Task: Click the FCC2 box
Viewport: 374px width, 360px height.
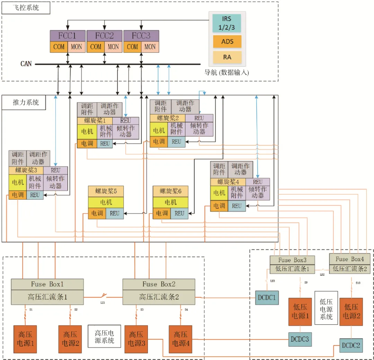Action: point(104,36)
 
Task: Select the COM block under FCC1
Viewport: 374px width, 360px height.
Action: point(59,47)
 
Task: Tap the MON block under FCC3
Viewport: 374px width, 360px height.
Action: point(150,47)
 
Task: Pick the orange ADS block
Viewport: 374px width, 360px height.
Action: point(227,42)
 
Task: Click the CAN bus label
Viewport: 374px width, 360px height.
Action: point(26,64)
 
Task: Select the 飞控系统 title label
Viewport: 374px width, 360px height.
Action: point(26,8)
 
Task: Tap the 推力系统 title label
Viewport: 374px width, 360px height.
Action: point(24,103)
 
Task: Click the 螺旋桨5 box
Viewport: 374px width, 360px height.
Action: point(106,191)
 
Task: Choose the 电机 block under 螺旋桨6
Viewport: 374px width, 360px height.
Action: point(170,202)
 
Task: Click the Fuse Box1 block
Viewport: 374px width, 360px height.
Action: point(47,284)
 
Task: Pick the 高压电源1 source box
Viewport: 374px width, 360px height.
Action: point(25,339)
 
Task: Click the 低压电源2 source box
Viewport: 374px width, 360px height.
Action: point(351,312)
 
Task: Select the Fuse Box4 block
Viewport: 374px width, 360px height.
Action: point(349,259)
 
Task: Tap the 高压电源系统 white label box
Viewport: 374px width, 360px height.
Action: point(104,336)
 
